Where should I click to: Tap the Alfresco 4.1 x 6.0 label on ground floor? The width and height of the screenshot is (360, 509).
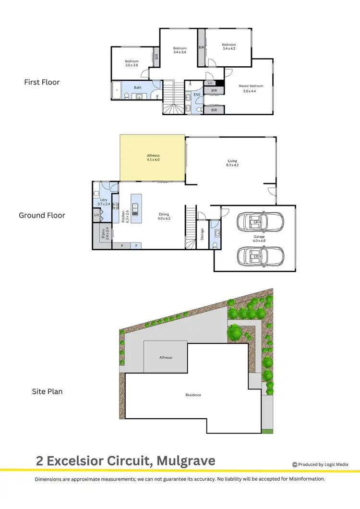click(x=153, y=157)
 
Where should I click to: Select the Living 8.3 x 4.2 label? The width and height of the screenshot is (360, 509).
click(x=232, y=163)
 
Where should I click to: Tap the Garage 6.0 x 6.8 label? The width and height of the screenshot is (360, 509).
click(x=259, y=238)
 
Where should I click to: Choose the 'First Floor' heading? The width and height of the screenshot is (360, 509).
click(x=42, y=82)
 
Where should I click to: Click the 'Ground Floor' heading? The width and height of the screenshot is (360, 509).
click(x=42, y=215)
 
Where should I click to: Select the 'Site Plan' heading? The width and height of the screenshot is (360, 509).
click(x=47, y=391)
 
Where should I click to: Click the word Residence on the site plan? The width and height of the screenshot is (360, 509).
click(x=193, y=395)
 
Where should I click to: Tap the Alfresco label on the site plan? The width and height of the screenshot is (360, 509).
click(x=166, y=358)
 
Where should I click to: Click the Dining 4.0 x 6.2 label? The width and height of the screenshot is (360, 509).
click(x=164, y=216)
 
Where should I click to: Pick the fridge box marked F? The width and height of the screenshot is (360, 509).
click(x=136, y=246)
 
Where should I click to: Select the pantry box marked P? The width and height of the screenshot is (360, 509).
click(x=122, y=246)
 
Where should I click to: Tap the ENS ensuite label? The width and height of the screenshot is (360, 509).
click(x=197, y=95)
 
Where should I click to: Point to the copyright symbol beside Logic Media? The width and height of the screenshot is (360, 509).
click(x=295, y=464)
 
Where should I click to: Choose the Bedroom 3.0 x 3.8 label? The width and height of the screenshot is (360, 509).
click(x=132, y=63)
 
